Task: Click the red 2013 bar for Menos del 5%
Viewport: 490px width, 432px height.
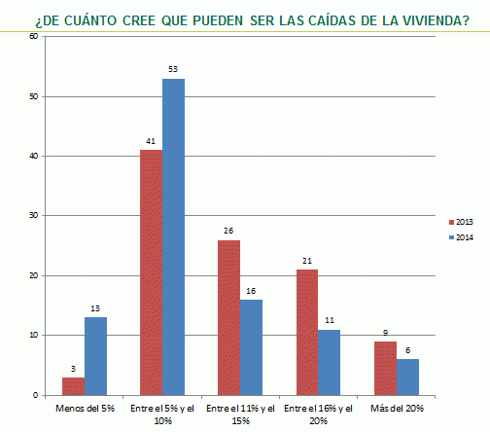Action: tap(72, 386)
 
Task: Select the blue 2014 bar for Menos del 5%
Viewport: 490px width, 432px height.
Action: tap(94, 356)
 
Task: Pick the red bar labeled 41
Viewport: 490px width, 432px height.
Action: tap(151, 272)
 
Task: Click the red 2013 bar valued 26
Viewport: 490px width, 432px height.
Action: tap(228, 317)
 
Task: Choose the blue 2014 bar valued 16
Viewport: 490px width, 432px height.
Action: tap(251, 347)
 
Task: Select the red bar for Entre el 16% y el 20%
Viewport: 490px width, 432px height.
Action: tap(306, 332)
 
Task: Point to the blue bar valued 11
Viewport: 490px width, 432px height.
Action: tap(329, 362)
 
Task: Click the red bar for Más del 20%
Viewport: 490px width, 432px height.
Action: tap(384, 368)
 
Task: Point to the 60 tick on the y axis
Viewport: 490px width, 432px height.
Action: tap(33, 37)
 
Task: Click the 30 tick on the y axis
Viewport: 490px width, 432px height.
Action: tap(33, 216)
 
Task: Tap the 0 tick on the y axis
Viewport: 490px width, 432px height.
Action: tap(35, 395)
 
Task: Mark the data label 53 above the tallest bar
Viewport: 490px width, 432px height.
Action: tap(173, 70)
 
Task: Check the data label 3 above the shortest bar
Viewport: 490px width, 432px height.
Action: tap(72, 369)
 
